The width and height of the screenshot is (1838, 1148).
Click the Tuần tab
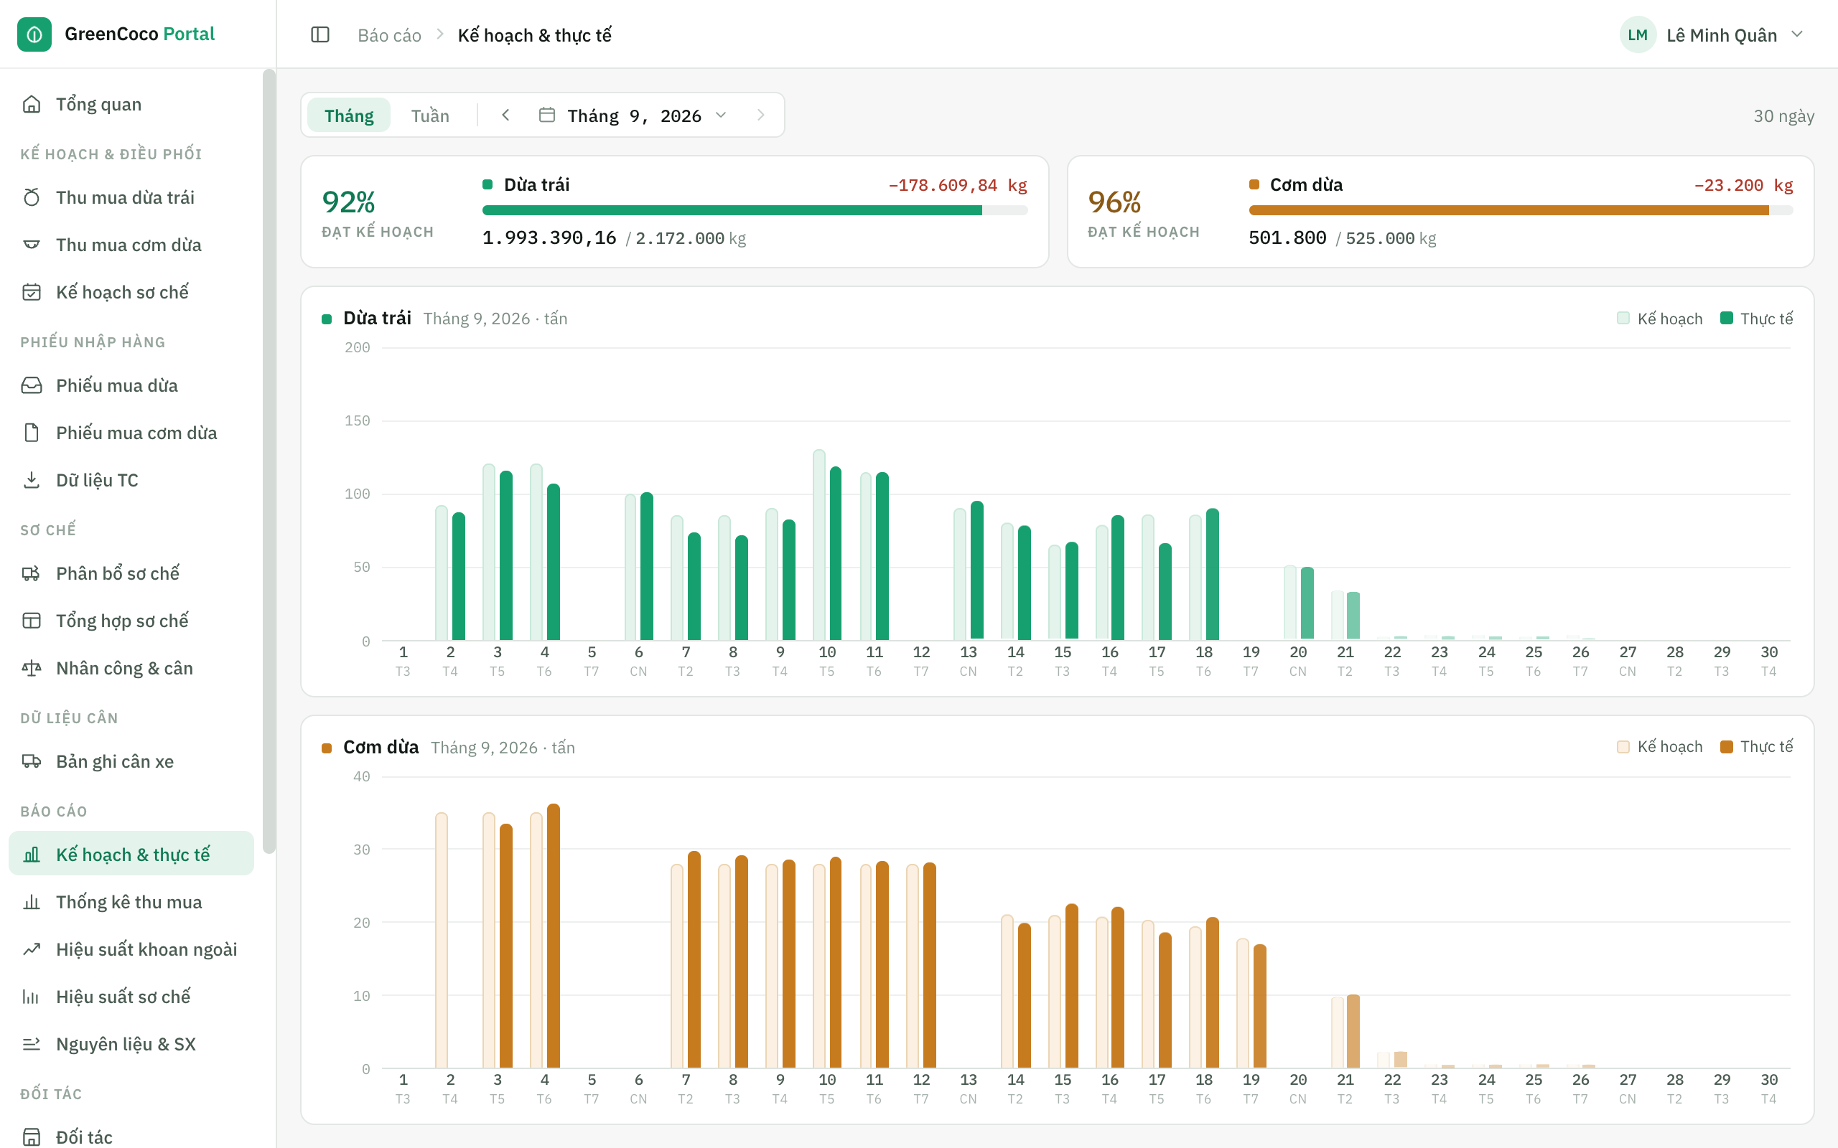pos(430,116)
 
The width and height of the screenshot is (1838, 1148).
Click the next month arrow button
pos(760,115)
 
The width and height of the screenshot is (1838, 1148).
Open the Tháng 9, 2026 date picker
pos(633,116)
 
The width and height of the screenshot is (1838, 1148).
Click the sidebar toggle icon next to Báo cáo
pos(319,35)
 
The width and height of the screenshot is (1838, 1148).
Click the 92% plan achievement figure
pos(349,202)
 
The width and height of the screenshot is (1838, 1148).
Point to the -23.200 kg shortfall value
pos(1743,185)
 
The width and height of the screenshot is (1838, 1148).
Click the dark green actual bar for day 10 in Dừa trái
pos(836,553)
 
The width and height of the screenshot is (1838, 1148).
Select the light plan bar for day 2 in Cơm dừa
pos(442,940)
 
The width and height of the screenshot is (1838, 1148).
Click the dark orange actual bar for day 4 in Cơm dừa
pos(553,936)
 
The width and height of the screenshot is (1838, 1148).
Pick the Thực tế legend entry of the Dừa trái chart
pos(1757,319)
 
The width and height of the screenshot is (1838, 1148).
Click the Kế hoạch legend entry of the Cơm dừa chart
pos(1659,746)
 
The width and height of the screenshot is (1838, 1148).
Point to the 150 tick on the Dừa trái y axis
pos(357,420)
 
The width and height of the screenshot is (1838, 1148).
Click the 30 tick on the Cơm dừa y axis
pos(362,850)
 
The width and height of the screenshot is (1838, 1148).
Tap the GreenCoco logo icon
pos(34,34)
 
